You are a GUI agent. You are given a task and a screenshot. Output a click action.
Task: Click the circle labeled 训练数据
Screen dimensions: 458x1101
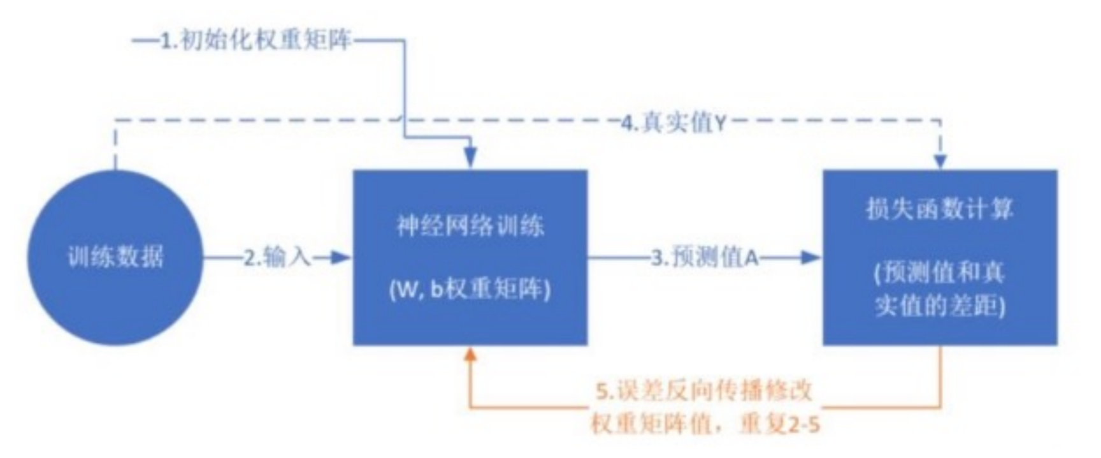[x=115, y=257]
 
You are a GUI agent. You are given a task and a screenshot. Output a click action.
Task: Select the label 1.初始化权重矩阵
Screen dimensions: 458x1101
[x=255, y=41]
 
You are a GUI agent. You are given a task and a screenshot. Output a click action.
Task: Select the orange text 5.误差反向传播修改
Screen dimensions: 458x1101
[x=705, y=390]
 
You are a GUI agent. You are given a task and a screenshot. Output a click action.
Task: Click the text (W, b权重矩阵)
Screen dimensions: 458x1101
[x=470, y=290]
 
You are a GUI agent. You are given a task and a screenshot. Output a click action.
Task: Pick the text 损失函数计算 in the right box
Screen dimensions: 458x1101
[x=939, y=209]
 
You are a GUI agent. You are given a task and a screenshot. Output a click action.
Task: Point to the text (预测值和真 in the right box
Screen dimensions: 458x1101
[x=939, y=273]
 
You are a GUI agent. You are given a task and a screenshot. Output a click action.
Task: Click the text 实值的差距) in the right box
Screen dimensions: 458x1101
[x=939, y=307]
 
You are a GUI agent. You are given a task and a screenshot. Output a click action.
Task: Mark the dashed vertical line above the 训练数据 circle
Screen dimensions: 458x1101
[x=115, y=145]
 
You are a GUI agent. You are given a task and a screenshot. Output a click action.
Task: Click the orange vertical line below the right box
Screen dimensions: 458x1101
[x=940, y=376]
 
